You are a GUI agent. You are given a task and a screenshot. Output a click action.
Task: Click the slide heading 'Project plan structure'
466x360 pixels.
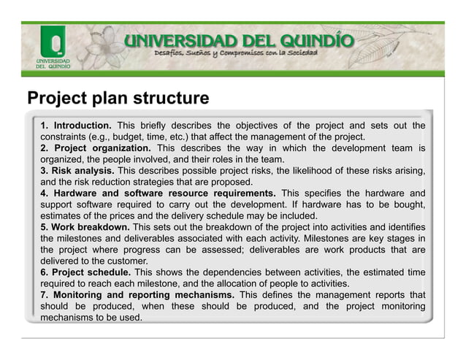117,98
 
